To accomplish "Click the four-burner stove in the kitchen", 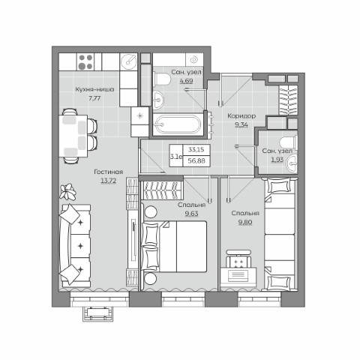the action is [85, 61].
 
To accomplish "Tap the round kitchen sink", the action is [128, 61].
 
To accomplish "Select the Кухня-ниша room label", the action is [94, 89].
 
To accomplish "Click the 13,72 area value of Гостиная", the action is [109, 181].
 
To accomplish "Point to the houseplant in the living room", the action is [67, 191].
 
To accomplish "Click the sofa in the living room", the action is [75, 245].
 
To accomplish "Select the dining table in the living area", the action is [73, 136].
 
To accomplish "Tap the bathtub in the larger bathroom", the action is [178, 124].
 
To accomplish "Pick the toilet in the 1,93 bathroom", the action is [289, 142].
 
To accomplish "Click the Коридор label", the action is [241, 116].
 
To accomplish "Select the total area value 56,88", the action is [196, 160].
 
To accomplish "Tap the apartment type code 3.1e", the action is [176, 157].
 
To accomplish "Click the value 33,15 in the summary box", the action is [196, 149].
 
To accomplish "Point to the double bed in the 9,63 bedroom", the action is [174, 247].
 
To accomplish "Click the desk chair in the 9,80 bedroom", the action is [238, 259].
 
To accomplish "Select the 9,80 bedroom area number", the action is [245, 222].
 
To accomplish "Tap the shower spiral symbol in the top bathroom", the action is [193, 60].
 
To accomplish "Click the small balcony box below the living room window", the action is [97, 313].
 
